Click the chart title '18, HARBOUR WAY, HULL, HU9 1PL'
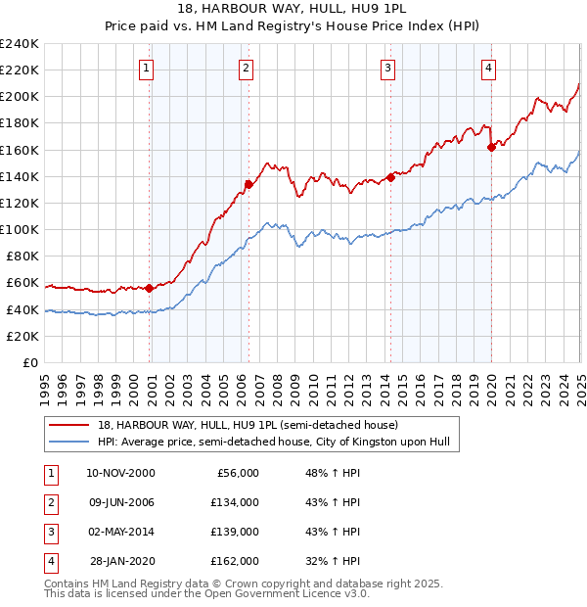coord(293,10)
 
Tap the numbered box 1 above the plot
coord(145,68)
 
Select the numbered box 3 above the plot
coord(387,68)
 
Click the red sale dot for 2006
coord(248,184)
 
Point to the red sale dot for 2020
coord(490,148)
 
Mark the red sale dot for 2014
coord(390,177)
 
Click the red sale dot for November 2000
coord(149,288)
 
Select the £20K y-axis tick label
coord(22,336)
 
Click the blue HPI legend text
coord(273,443)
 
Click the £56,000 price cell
coord(240,473)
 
